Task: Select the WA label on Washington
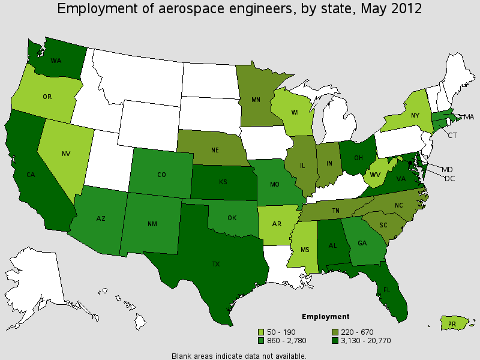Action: click(56, 61)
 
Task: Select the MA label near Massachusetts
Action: click(468, 116)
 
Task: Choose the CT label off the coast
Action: click(452, 136)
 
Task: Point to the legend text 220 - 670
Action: click(358, 331)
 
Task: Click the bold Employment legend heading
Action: click(325, 316)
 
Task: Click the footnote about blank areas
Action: click(239, 355)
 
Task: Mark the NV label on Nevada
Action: click(66, 153)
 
